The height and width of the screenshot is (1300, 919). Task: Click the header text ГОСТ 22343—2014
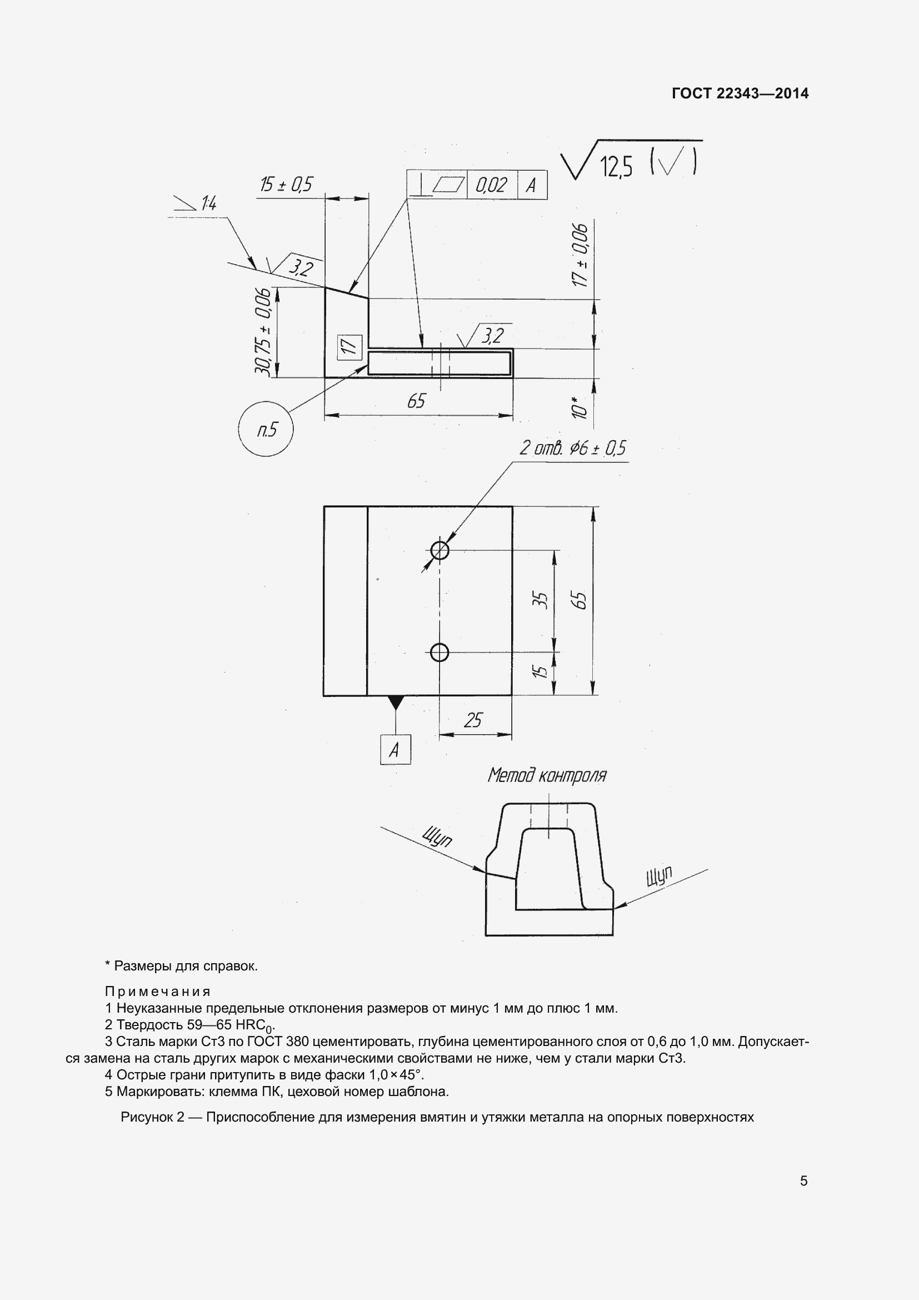tap(740, 93)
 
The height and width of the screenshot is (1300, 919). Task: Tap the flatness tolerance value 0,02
tap(491, 185)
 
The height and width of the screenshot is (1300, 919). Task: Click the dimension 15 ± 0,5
tap(286, 185)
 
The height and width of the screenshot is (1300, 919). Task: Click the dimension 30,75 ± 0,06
tap(263, 331)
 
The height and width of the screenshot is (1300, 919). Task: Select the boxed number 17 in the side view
tap(349, 346)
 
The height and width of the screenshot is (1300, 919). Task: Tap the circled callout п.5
tap(266, 430)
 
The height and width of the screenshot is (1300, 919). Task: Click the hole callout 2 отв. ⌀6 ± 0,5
tap(572, 449)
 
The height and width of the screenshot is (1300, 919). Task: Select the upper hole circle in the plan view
tap(439, 550)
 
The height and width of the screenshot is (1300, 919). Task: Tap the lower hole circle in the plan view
tap(439, 653)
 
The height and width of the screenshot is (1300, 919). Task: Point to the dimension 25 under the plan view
tap(472, 720)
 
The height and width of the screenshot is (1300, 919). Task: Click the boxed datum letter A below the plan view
tap(395, 750)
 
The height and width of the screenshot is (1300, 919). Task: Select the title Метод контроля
tap(547, 775)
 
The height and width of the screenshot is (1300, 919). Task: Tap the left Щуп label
tap(437, 837)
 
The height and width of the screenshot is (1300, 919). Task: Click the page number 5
tap(803, 1181)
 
